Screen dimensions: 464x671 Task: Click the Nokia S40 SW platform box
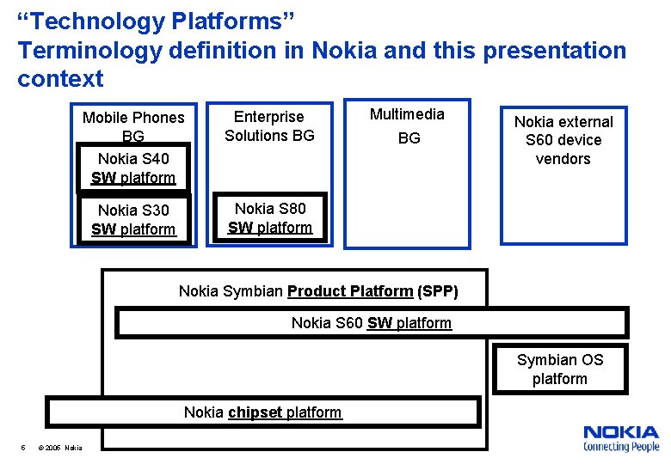point(133,168)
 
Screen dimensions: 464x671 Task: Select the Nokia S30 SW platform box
point(133,219)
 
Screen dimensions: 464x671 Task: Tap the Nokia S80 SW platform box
point(270,217)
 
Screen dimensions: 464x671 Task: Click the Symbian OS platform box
point(559,369)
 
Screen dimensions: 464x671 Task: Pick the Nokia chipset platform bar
point(262,412)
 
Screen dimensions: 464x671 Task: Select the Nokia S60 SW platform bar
point(371,323)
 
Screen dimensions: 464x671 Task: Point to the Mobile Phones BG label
point(133,125)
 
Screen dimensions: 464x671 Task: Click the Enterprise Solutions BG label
point(269,125)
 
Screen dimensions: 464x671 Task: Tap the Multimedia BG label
point(408,125)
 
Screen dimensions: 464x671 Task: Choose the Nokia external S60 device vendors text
point(563,140)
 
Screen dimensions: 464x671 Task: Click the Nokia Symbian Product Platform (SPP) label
point(318,291)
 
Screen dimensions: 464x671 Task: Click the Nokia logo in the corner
point(620,432)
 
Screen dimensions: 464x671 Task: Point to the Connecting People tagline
point(620,447)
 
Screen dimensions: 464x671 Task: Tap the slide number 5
point(23,447)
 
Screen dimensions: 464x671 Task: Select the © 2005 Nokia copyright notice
point(61,447)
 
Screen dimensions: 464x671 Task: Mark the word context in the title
point(60,79)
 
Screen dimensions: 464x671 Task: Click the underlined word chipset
point(255,412)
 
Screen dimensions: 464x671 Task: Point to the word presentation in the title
point(555,50)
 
